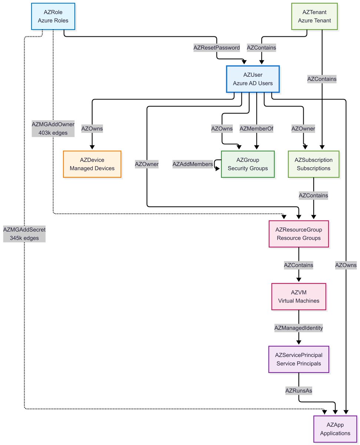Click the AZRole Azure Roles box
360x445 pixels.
[x=53, y=16]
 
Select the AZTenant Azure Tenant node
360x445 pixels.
[x=314, y=16]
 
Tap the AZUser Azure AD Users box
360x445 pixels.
[x=252, y=79]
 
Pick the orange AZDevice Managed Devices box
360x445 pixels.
[x=92, y=164]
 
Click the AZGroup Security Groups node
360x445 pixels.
[x=248, y=164]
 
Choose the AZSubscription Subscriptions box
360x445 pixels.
[x=314, y=164]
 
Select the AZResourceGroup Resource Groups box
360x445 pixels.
[x=299, y=234]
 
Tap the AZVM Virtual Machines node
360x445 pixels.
[x=299, y=296]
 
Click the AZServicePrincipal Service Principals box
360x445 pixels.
[x=299, y=359]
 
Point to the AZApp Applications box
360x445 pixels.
[x=335, y=429]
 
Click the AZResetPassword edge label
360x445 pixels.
[x=217, y=47]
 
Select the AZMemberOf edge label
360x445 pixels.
[x=256, y=129]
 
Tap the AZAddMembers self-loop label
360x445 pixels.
[x=192, y=164]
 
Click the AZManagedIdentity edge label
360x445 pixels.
[x=298, y=328]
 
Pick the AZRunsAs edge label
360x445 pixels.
[x=298, y=390]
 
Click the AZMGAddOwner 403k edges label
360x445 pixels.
[x=53, y=128]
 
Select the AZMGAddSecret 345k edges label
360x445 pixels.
[x=24, y=234]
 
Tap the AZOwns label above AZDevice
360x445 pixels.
[x=92, y=129]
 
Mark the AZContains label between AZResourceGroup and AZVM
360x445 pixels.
[x=298, y=265]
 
